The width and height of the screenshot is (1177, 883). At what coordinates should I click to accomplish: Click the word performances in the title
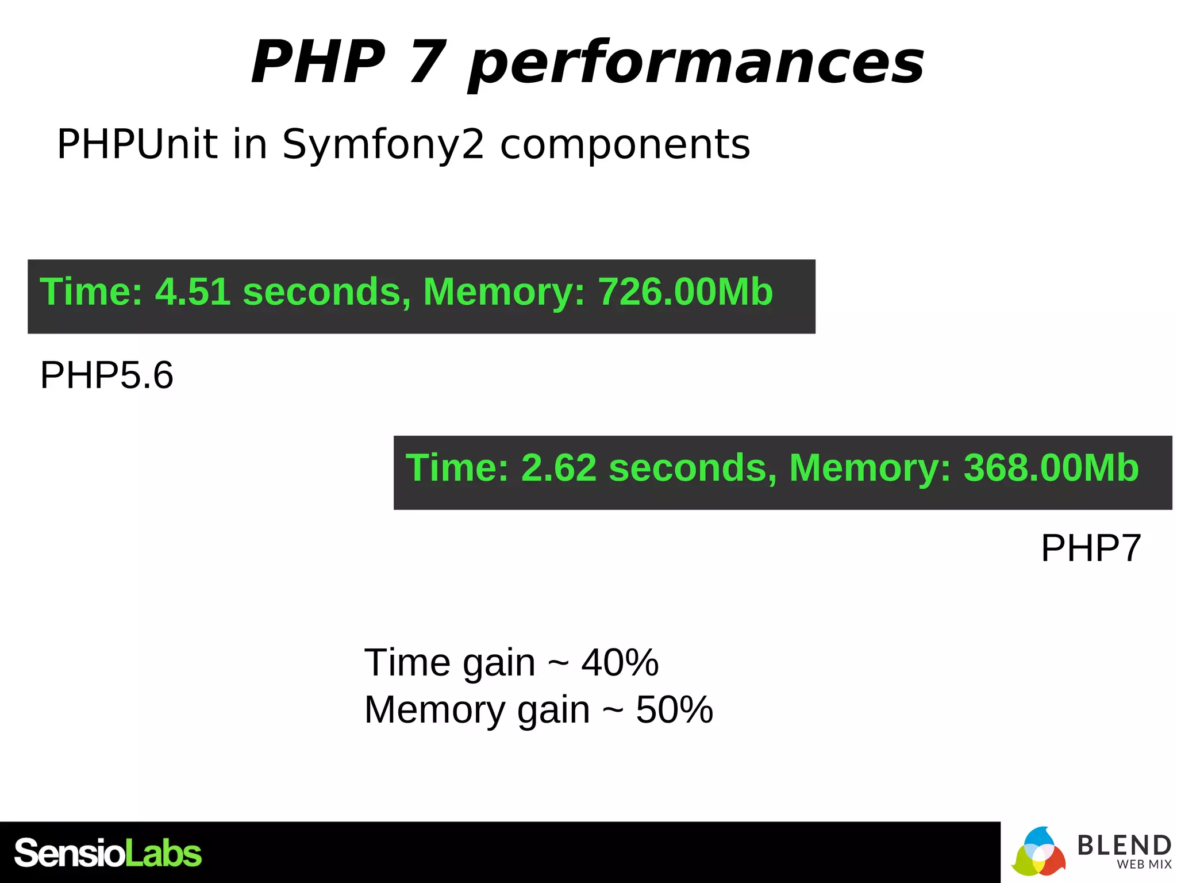(x=695, y=63)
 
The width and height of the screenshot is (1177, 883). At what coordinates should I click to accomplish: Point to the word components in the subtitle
(x=625, y=145)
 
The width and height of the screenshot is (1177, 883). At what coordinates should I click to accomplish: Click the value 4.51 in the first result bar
(x=193, y=291)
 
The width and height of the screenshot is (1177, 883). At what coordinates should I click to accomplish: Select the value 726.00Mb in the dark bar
(x=685, y=291)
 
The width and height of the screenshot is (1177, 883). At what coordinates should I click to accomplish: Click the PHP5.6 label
(x=107, y=375)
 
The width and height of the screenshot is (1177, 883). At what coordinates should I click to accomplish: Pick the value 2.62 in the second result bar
(x=559, y=467)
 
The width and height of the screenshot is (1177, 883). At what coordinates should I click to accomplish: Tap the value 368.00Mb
(x=1051, y=467)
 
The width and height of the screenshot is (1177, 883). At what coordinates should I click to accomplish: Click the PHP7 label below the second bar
(x=1090, y=548)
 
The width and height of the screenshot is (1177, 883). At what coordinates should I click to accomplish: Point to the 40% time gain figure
(x=620, y=662)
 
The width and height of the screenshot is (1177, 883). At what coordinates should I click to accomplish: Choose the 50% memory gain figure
(x=674, y=709)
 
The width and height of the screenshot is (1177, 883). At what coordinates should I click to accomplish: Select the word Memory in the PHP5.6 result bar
(x=503, y=291)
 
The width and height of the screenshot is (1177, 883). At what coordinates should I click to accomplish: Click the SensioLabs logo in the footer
(x=108, y=853)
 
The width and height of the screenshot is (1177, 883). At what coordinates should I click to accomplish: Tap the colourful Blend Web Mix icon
(x=1038, y=853)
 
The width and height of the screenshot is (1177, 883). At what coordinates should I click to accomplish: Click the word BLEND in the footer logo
(x=1124, y=846)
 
